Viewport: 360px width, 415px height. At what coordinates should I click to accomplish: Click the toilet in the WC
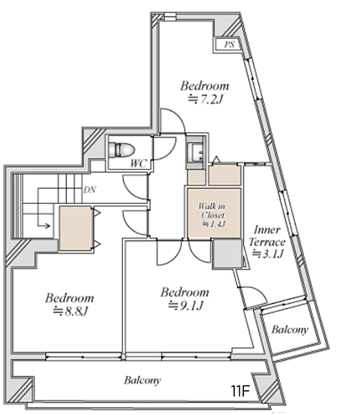(x=122, y=150)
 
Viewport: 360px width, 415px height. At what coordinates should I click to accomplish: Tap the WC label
(x=138, y=163)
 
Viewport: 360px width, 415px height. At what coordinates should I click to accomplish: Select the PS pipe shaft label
(x=229, y=44)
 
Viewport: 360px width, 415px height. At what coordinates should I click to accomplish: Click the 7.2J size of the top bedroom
(x=205, y=100)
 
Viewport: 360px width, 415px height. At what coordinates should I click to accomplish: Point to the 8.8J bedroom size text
(x=70, y=311)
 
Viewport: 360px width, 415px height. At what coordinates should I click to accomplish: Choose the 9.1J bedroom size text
(x=186, y=306)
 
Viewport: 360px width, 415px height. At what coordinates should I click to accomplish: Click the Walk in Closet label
(x=212, y=210)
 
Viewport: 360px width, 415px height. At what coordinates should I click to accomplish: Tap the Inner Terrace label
(x=267, y=236)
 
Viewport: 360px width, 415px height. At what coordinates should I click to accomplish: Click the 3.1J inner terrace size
(x=267, y=254)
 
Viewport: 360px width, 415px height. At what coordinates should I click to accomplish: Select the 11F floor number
(x=240, y=391)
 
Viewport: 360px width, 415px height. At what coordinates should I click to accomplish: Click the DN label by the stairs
(x=90, y=190)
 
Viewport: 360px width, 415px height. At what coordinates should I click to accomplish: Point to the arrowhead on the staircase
(x=48, y=225)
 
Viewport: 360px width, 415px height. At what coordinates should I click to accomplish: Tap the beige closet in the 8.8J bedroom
(x=75, y=228)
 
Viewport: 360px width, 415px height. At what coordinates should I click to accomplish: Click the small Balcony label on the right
(x=290, y=330)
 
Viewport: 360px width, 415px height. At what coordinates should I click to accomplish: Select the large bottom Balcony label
(x=142, y=380)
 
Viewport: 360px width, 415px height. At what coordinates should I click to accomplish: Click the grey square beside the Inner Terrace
(x=227, y=253)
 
